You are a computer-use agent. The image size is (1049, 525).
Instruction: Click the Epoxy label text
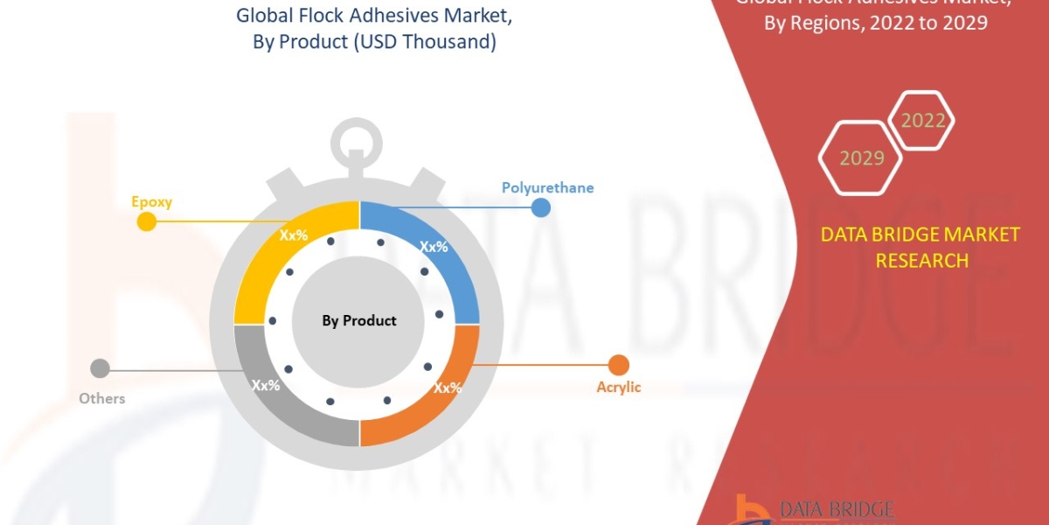[x=152, y=202]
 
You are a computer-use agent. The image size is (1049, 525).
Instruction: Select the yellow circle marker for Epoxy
[x=147, y=222]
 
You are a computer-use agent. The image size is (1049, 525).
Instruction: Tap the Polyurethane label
[x=547, y=187]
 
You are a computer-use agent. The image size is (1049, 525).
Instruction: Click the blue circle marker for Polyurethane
[x=541, y=207]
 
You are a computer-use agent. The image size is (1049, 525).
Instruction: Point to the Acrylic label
[x=619, y=387]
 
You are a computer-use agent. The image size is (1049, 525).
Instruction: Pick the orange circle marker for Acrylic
[x=619, y=365]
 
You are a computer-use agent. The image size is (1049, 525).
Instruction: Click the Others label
[x=101, y=398]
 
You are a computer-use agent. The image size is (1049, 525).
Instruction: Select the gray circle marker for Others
[x=101, y=369]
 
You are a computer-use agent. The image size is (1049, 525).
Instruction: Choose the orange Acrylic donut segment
[x=437, y=394]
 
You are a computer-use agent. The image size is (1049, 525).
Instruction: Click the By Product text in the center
[x=358, y=321]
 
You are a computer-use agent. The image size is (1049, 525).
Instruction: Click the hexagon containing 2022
[x=922, y=121]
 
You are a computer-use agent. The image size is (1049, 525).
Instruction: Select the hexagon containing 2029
[x=861, y=157]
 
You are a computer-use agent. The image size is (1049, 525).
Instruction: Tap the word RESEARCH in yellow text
[x=921, y=261]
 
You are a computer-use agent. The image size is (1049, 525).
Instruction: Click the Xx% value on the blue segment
[x=434, y=247]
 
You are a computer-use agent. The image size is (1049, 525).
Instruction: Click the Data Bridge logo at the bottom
[x=804, y=510]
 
